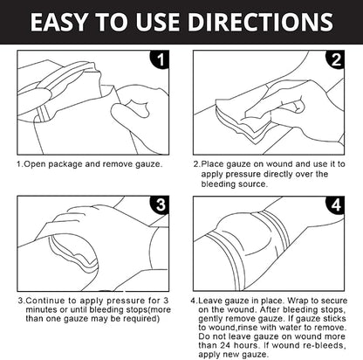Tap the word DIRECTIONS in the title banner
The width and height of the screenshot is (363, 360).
click(260, 22)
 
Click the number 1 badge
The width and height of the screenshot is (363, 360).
click(160, 59)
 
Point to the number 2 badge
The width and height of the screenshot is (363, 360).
click(335, 59)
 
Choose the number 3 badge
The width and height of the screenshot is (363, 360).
click(160, 204)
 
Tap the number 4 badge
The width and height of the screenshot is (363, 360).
click(335, 204)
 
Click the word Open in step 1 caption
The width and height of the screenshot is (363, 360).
click(35, 164)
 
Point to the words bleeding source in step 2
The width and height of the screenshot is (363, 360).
click(233, 184)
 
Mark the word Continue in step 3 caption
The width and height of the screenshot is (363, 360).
click(45, 301)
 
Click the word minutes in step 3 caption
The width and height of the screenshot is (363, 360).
click(41, 309)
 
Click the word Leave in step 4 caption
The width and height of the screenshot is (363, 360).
click(210, 301)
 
